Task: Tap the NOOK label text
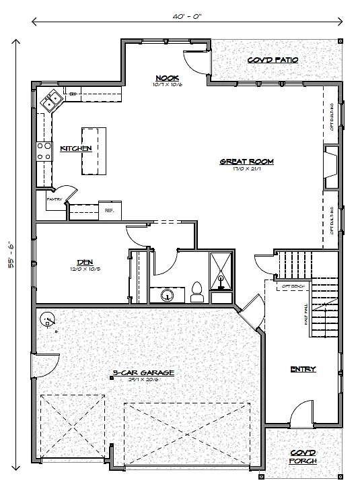click(166, 77)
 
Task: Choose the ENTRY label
click(303, 368)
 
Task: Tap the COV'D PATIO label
click(272, 60)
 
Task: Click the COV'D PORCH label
click(303, 457)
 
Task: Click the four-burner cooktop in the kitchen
click(44, 152)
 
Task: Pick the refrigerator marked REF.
click(109, 210)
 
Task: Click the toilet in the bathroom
click(198, 291)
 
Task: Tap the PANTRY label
click(55, 200)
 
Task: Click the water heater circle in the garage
click(48, 320)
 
